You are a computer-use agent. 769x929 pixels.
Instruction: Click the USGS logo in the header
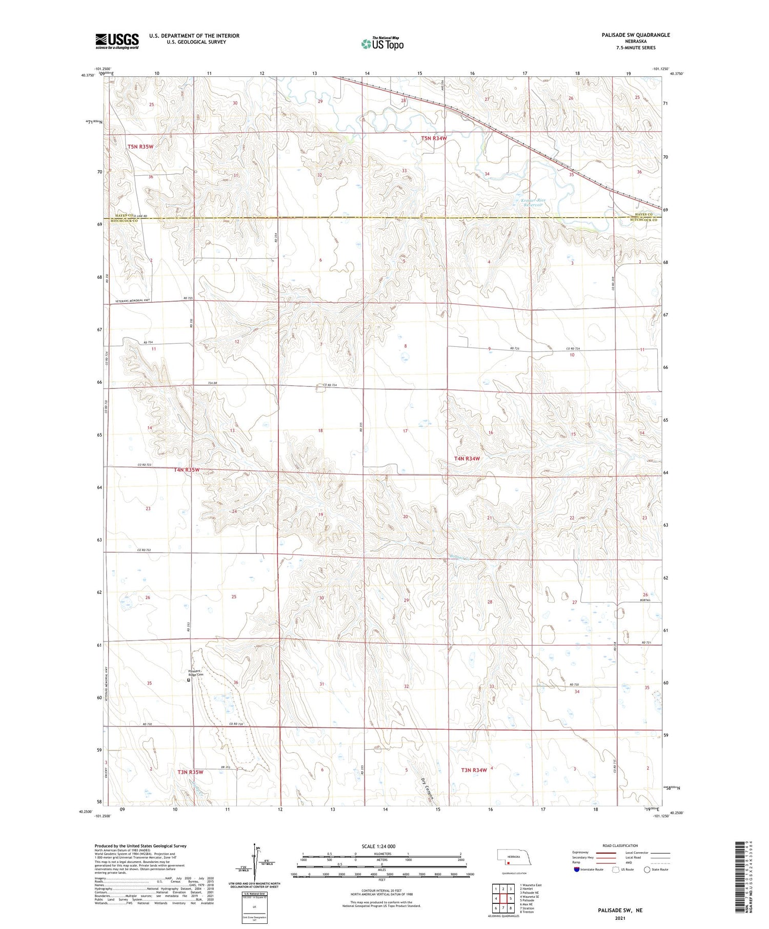[117, 41]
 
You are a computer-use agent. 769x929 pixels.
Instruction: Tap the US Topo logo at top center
[382, 44]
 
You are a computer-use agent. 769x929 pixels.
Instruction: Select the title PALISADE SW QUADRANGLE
[636, 35]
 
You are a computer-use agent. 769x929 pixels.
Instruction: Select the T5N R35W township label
[140, 147]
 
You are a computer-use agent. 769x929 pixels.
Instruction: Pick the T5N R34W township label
[434, 138]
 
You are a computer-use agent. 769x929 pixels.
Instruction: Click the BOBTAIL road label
[649, 601]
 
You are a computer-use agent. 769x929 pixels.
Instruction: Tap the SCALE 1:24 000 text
[382, 846]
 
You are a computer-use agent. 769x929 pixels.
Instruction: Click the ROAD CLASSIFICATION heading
[620, 845]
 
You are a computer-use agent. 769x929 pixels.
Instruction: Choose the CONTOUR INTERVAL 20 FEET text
[381, 891]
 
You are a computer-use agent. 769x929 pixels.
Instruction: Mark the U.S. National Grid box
[254, 908]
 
